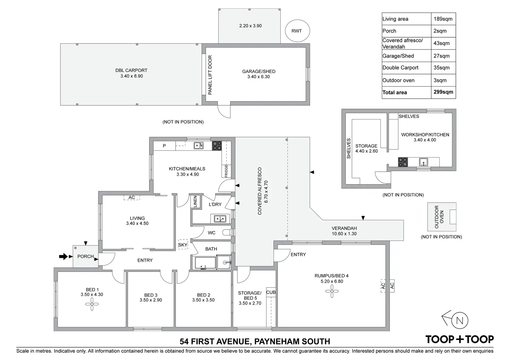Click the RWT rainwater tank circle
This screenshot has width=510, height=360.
297,31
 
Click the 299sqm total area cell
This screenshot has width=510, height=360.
443,92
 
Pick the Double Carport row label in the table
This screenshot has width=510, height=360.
400,68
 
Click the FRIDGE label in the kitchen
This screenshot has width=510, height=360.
226,171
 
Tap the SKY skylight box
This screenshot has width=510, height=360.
183,245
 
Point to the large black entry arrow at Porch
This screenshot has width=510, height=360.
63,256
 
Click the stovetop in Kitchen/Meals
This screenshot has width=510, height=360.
217,146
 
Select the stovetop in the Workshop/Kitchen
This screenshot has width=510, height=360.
403,162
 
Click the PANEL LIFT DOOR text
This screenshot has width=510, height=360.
210,75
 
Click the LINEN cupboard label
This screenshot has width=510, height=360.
195,202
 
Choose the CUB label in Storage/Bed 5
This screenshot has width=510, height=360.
271,292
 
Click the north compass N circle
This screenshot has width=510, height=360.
459,321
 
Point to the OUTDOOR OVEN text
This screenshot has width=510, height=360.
439,217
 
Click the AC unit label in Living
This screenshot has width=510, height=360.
132,198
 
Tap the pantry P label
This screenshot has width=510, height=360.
164,146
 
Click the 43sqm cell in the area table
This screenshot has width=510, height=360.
441,43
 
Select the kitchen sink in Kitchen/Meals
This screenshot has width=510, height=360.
199,146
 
